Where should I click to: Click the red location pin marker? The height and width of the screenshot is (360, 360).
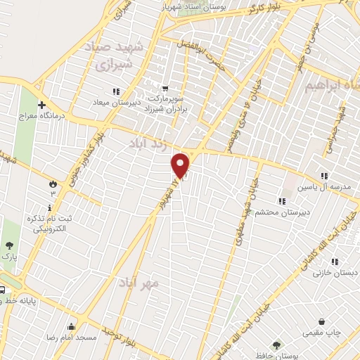(181, 165)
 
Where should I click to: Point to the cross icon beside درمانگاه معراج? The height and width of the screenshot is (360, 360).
(41, 105)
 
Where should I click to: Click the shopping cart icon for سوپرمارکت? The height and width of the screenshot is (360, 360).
(165, 89)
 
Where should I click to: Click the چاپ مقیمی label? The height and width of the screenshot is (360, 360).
(321, 330)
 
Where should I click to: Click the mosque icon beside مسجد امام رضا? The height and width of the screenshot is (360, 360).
(71, 326)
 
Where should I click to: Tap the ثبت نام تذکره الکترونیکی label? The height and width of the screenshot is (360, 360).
(60, 223)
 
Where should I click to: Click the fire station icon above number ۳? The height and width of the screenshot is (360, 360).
(52, 184)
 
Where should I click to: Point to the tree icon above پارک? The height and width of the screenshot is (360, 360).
(8, 245)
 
